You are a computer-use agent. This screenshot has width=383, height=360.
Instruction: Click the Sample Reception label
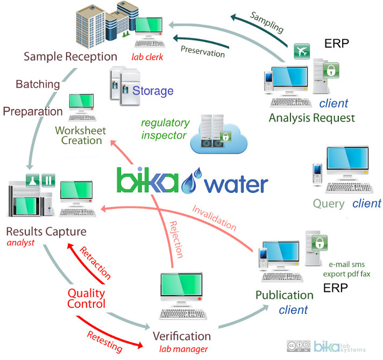[x=70, y=56]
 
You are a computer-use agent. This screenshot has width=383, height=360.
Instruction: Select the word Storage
[x=153, y=90]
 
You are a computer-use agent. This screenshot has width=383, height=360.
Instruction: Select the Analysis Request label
[x=311, y=117]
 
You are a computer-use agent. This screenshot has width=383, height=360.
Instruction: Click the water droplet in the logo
[x=189, y=183]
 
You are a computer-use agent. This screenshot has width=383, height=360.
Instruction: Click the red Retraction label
[x=95, y=263]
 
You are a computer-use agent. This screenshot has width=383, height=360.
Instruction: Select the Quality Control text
[x=86, y=298]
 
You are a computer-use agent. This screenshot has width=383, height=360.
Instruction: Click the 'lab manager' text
[x=182, y=349]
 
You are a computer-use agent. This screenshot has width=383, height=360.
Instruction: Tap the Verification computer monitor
[x=182, y=290]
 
